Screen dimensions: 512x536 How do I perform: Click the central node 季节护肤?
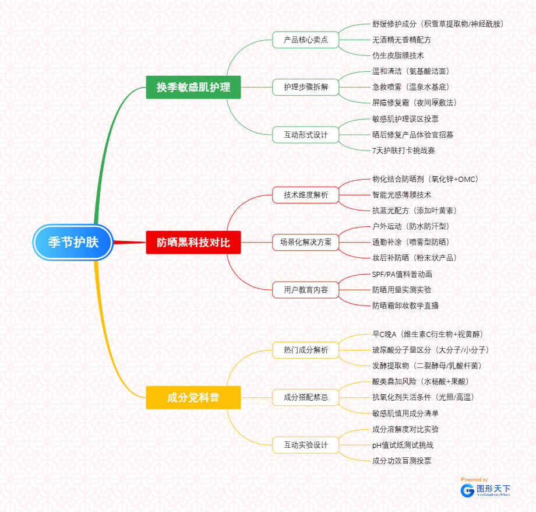point(73,242)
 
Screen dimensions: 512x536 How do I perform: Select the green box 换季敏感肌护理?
point(193,87)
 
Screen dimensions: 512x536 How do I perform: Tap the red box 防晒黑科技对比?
point(193,242)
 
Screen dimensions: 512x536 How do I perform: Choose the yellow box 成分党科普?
point(193,398)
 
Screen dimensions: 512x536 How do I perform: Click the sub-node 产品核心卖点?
point(305,40)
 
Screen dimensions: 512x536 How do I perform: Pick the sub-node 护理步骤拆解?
point(305,87)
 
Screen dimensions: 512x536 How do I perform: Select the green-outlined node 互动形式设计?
point(305,135)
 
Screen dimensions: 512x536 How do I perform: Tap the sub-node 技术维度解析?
point(305,195)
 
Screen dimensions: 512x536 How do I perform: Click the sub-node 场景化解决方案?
point(305,242)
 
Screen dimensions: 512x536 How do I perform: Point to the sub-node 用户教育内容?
point(305,289)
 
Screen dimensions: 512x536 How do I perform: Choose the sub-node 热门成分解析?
point(305,350)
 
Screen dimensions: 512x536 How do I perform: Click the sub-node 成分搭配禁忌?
point(305,398)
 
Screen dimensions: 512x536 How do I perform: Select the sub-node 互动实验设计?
point(305,445)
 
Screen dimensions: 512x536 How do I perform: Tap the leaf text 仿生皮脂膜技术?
point(398,55)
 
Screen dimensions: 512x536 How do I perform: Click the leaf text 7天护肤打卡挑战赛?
point(403,150)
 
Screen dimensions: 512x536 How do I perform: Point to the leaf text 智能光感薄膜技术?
point(401,195)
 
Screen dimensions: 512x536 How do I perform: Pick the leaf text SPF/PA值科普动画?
point(402,274)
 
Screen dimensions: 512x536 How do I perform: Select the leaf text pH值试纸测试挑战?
point(403,445)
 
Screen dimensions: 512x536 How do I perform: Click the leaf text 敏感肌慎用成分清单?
point(405,413)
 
